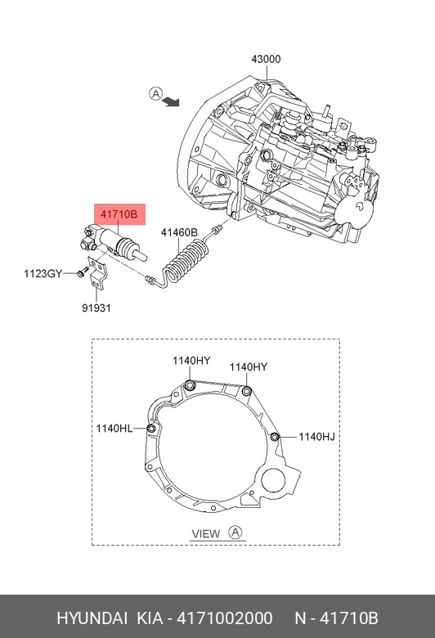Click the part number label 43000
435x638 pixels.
[x=266, y=60]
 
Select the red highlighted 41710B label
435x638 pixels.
[x=120, y=215]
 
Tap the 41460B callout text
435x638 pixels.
[x=179, y=232]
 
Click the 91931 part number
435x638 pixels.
[x=96, y=308]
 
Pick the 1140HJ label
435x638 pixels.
[x=316, y=437]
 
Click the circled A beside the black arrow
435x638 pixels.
[x=155, y=93]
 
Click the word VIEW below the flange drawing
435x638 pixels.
[x=206, y=534]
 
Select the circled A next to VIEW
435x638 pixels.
[x=235, y=533]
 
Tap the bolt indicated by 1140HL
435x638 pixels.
[x=151, y=426]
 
